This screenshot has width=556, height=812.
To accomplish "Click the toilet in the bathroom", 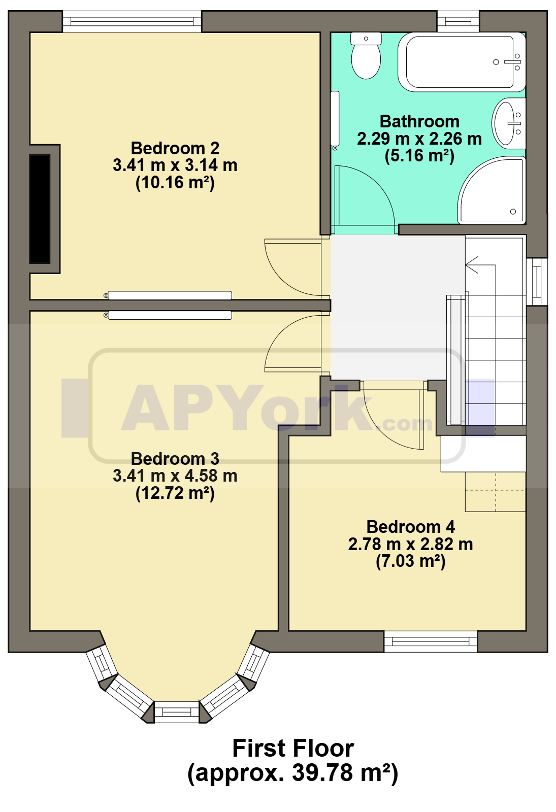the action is tap(366, 55).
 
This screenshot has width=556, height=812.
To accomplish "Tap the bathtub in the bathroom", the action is tap(462, 61).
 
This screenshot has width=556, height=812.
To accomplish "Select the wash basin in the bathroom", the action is tap(508, 123).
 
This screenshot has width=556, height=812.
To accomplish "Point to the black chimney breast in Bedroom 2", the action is tap(40, 209).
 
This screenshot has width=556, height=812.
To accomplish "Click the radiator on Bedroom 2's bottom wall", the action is tap(168, 295).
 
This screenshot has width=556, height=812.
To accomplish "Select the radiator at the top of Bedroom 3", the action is tap(168, 315).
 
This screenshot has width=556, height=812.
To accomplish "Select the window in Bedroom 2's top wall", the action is tap(132, 22).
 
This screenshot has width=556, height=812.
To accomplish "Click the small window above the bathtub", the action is tap(458, 22).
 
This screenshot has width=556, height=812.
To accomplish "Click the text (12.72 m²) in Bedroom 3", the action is tap(175, 493).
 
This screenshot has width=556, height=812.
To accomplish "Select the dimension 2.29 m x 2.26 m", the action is tap(419, 139).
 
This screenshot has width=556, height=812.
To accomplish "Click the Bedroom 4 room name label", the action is tap(411, 527).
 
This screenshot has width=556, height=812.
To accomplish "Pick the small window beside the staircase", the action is tap(537, 282).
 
